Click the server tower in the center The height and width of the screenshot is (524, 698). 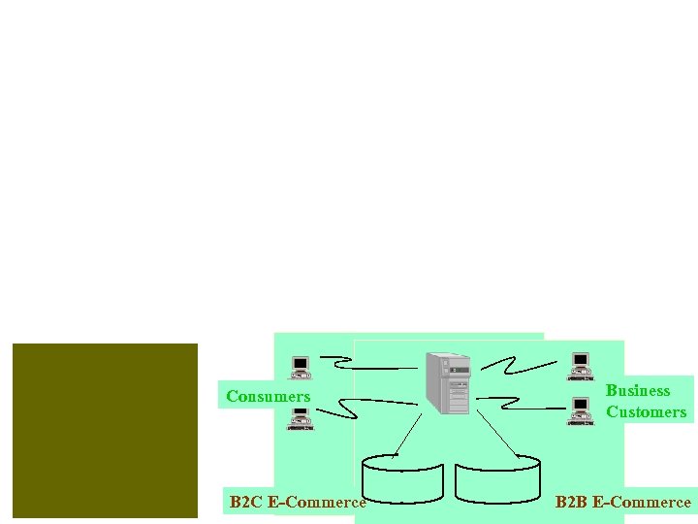click(447, 381)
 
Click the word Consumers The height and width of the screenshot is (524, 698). click(268, 396)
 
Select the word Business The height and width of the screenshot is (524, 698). click(638, 390)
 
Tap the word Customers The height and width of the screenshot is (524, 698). click(646, 411)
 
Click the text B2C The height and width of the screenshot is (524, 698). click(246, 502)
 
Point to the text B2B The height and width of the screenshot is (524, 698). click(571, 502)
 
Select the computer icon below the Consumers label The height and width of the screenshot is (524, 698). click(301, 418)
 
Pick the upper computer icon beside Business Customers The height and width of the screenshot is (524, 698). click(580, 366)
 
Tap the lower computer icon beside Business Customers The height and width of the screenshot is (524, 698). click(580, 410)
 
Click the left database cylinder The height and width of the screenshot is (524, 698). click(402, 477)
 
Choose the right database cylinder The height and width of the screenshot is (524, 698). click(497, 477)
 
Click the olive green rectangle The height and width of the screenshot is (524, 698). click(105, 430)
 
